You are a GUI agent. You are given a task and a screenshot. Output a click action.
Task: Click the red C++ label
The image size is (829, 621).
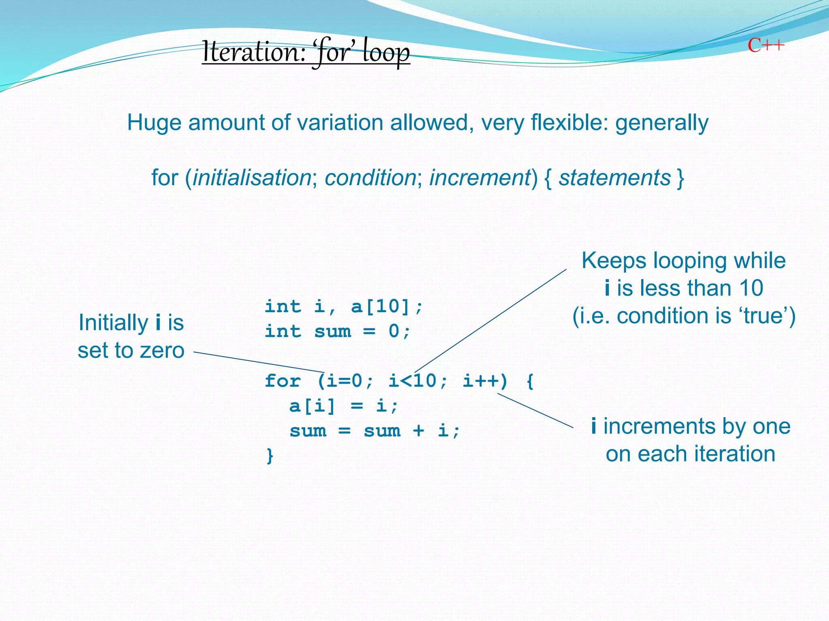tap(765, 45)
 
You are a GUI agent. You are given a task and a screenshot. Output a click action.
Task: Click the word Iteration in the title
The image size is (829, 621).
tap(253, 53)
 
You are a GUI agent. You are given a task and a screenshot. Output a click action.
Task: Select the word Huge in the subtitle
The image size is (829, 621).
tap(154, 123)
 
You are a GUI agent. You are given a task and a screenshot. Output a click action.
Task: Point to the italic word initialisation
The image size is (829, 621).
tap(251, 178)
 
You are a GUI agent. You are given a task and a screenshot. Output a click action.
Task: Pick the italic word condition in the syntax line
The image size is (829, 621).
tap(370, 178)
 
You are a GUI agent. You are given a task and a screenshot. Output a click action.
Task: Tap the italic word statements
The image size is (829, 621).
tap(614, 178)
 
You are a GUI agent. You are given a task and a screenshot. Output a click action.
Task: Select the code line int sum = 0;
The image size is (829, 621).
tap(338, 332)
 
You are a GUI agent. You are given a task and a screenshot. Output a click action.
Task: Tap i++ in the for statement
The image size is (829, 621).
tap(480, 381)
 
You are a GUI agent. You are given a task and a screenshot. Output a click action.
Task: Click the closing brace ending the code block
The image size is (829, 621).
tap(270, 456)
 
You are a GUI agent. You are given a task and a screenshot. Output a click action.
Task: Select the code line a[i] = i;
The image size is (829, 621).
tap(344, 406)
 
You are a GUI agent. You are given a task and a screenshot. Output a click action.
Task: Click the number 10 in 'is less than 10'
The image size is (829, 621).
tap(751, 288)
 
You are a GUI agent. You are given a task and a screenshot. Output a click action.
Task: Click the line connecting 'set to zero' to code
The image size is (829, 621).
tap(259, 362)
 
